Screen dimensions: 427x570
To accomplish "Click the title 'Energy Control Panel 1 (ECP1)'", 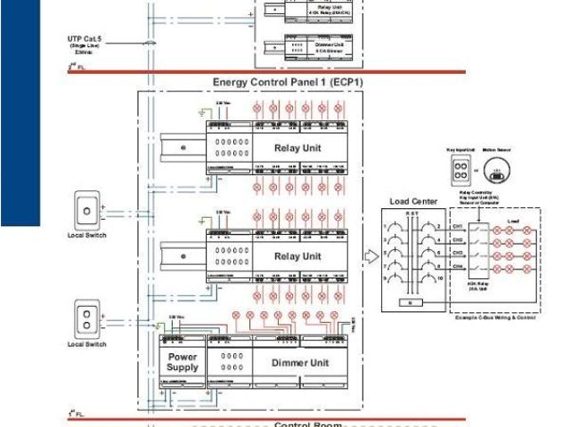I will click(x=287, y=82).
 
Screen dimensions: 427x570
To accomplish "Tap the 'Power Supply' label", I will click(x=183, y=362).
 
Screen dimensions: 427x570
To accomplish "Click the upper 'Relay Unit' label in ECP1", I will click(x=297, y=148).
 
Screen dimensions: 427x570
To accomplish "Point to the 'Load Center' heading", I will click(x=413, y=201).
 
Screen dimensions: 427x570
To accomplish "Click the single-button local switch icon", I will click(x=87, y=213).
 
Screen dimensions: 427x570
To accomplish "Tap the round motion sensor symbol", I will click(x=500, y=171).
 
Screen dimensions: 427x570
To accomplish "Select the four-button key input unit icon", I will click(x=460, y=171).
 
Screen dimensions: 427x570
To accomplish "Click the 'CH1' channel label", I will click(x=458, y=226).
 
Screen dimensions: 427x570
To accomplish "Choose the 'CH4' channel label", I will click(x=458, y=265).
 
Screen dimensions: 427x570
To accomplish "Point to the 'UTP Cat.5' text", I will click(x=85, y=39).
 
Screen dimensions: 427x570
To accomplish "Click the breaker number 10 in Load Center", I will click(x=440, y=278).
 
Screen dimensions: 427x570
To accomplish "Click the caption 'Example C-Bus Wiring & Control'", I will click(x=494, y=317).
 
